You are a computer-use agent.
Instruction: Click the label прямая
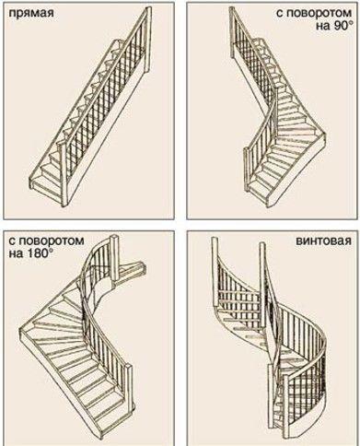click(x=31, y=14)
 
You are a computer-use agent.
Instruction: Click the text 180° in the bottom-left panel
click(x=38, y=254)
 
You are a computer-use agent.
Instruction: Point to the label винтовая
click(x=323, y=241)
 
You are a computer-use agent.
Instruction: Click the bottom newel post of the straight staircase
click(x=63, y=173)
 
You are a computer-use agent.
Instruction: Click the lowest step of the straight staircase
click(x=46, y=187)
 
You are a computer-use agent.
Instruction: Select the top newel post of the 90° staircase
click(x=233, y=34)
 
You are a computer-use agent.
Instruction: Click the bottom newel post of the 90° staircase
click(x=247, y=170)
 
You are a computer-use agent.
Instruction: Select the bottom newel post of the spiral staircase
click(x=285, y=405)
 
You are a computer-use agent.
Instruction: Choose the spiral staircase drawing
click(x=269, y=338)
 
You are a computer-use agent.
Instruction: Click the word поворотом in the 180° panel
click(x=47, y=241)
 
